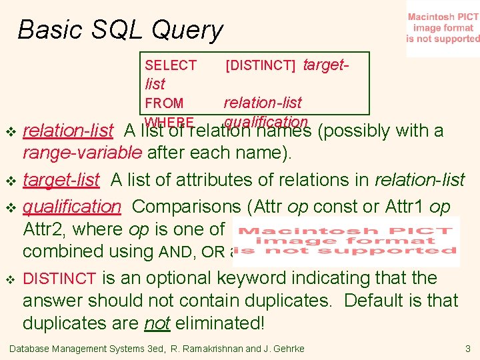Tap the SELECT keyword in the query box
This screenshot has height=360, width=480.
(x=171, y=65)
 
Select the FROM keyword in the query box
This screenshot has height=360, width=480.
(x=164, y=103)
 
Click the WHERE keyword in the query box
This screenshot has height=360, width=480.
(x=169, y=122)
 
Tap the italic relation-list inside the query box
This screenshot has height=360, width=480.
(x=262, y=103)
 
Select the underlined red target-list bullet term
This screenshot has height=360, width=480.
(x=61, y=180)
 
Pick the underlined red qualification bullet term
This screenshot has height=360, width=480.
(x=72, y=205)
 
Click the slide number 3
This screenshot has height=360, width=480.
(x=468, y=349)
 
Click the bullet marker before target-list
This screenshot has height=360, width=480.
(x=9, y=181)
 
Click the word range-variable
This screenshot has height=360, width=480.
(x=82, y=153)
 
